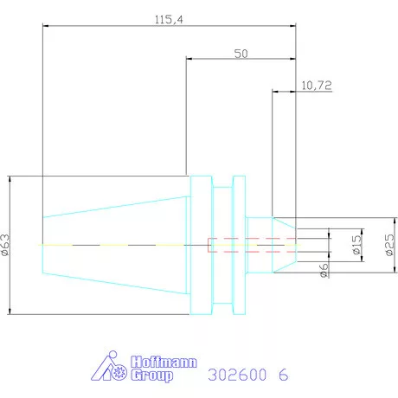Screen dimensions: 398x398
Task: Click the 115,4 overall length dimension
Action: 169,20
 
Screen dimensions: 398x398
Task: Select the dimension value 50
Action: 241,54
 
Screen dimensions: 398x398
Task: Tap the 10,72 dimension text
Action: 317,86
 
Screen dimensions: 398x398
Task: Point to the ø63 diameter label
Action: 5,245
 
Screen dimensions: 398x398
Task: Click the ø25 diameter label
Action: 389,245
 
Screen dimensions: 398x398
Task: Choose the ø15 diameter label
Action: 356,245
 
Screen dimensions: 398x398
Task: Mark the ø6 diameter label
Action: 324,270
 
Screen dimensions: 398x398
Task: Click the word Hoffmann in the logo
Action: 164,363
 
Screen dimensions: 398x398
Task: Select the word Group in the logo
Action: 152,376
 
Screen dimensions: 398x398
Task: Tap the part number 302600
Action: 237,375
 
